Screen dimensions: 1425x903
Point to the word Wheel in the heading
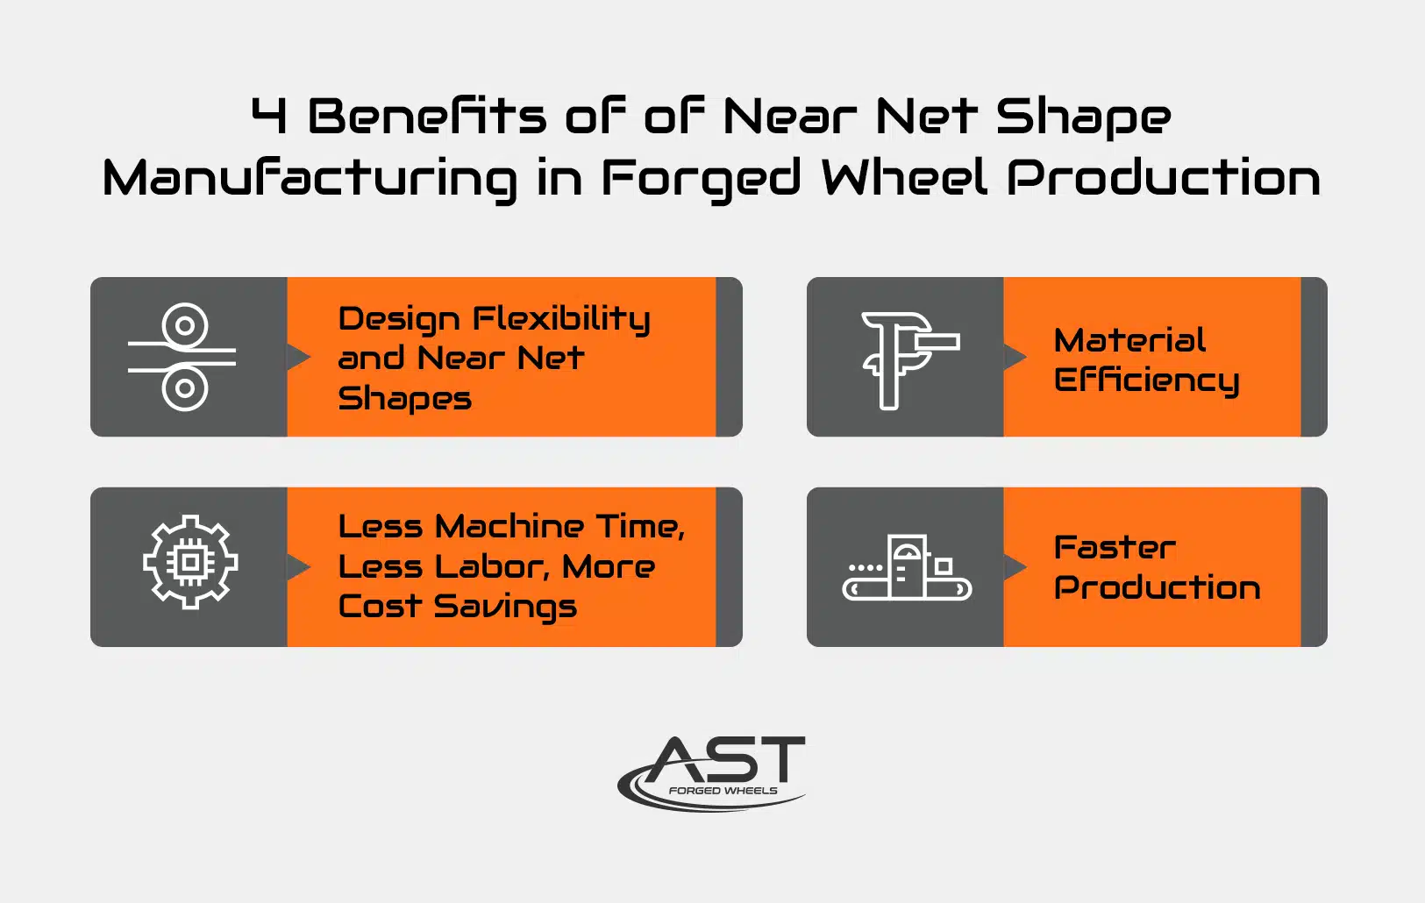click(904, 176)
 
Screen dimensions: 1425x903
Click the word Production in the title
click(1164, 176)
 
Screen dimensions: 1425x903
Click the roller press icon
click(182, 357)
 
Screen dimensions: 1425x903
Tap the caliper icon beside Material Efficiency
click(910, 360)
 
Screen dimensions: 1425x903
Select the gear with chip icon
click(190, 562)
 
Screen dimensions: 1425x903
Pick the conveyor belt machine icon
click(907, 567)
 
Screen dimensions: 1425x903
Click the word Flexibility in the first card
click(561, 319)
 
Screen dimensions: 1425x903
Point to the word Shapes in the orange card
click(404, 400)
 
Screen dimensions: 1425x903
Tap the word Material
click(1129, 339)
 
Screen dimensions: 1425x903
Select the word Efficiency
click(1146, 380)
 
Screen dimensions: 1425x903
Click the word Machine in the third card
click(509, 527)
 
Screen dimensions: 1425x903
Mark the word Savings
click(505, 608)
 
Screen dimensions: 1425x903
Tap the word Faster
click(1115, 548)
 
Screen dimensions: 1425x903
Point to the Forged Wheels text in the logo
click(723, 791)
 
